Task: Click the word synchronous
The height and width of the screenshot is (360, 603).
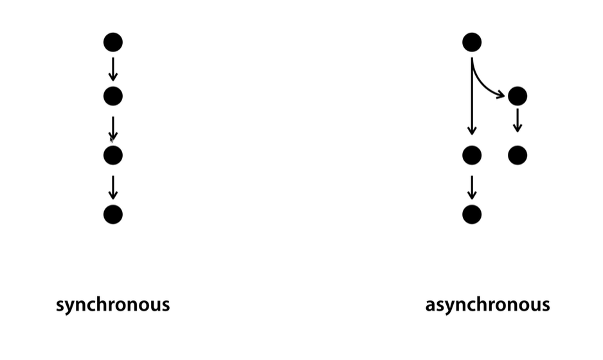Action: click(113, 305)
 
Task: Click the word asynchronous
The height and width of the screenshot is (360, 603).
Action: click(487, 305)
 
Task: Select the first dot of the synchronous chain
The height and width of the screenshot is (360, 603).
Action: click(113, 42)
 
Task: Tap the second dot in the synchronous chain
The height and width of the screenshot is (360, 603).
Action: click(113, 96)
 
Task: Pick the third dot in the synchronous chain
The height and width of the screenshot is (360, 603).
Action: click(113, 156)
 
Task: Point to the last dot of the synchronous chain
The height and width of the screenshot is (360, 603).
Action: click(113, 214)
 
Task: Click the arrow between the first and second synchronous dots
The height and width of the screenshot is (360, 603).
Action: click(113, 69)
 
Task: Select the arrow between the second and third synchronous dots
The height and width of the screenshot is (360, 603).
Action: click(113, 127)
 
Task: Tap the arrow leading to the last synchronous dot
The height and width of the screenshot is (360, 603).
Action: click(113, 186)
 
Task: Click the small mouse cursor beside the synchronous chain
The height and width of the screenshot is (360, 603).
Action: click(111, 138)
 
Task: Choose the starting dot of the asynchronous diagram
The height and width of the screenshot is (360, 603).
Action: click(472, 42)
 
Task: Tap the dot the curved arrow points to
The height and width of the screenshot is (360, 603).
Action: click(517, 96)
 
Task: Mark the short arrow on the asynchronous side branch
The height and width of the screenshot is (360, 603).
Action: click(517, 120)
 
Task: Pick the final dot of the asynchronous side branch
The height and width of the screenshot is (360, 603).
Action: click(517, 156)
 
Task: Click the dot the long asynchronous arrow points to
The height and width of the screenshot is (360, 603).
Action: click(472, 156)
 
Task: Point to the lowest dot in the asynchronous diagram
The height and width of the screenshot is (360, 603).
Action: click(472, 214)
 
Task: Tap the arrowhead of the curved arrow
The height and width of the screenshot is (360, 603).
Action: click(501, 96)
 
